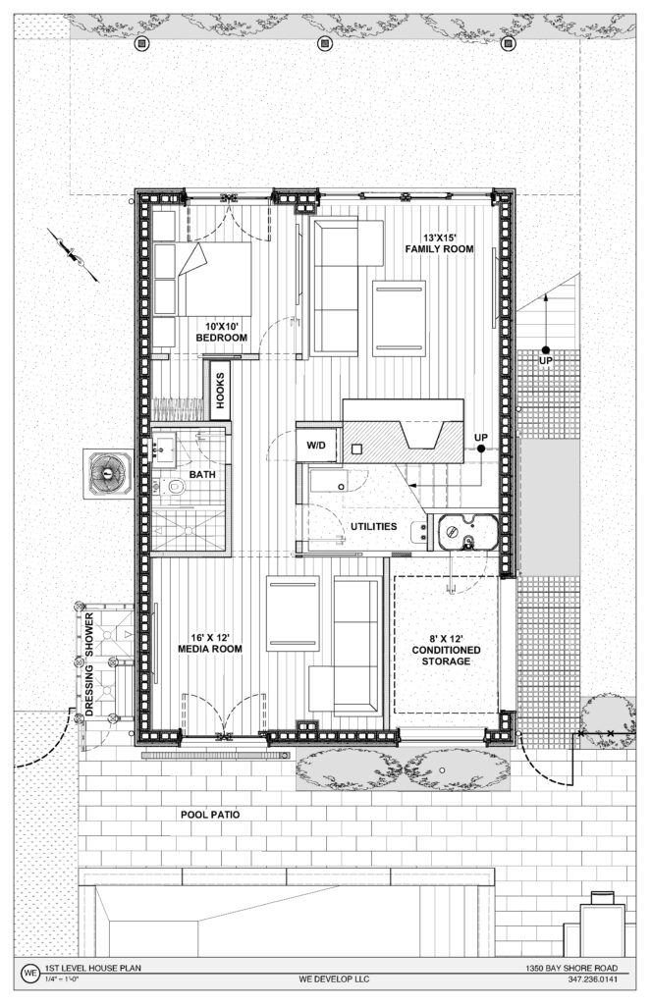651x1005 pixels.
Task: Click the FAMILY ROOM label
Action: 439,243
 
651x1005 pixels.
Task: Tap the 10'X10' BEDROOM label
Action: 221,333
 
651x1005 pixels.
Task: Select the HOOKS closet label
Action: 220,391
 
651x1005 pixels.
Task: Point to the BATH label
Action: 202,474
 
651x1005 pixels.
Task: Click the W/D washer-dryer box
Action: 316,445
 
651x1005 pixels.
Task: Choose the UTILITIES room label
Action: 373,526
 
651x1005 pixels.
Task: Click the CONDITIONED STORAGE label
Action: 447,650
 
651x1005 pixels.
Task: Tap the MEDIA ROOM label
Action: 210,643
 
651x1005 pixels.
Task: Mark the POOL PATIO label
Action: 210,814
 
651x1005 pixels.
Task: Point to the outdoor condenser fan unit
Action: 108,473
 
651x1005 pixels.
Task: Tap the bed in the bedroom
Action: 201,279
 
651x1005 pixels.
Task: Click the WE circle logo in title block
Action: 29,973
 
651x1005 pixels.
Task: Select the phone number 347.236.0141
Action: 593,979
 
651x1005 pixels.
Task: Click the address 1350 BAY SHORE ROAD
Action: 572,968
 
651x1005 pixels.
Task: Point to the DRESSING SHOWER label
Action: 89,664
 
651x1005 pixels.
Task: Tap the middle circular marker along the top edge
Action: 325,43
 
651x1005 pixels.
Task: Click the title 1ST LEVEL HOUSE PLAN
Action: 92,968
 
